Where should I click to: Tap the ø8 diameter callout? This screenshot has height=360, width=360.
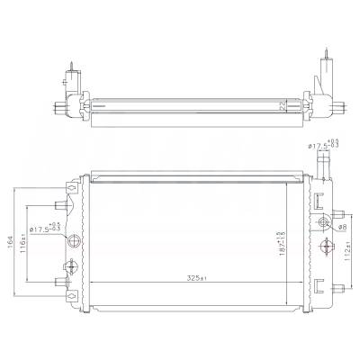(x=343, y=228)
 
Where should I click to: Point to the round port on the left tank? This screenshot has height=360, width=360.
(x=76, y=240)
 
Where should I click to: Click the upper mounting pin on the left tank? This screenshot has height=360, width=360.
(x=65, y=203)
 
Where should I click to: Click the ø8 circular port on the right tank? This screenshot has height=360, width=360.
(x=324, y=224)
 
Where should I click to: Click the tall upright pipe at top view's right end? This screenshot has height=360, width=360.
(x=321, y=72)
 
